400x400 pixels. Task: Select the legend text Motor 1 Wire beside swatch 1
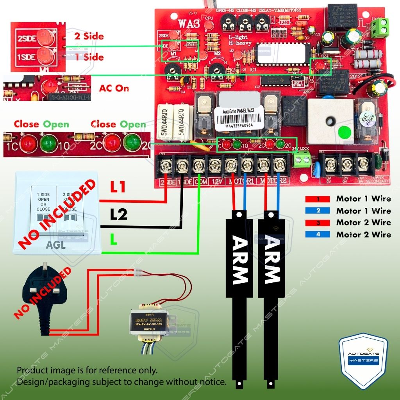point(363,199)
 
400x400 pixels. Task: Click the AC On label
point(114,88)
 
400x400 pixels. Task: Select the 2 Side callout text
point(89,36)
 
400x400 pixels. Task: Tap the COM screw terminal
point(199,166)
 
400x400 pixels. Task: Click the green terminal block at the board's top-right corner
point(379,28)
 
